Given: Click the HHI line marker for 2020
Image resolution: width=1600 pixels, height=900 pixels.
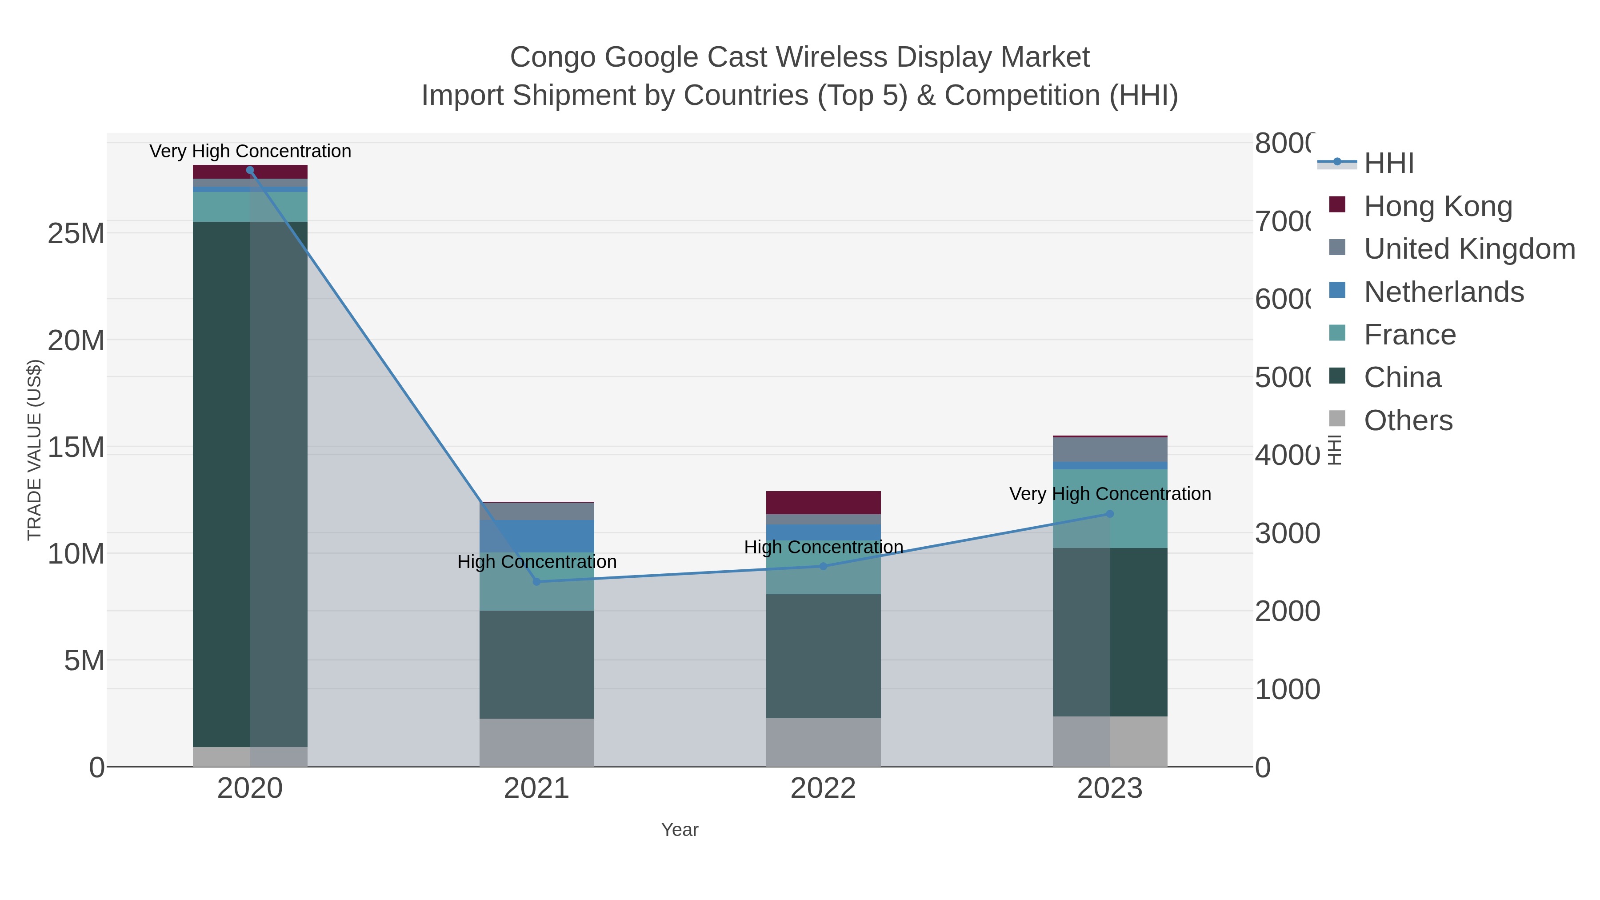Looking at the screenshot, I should click(x=250, y=170).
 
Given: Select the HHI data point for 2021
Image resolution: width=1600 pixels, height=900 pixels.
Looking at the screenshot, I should click(x=536, y=582).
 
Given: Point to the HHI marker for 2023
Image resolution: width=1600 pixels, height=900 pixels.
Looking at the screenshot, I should click(x=1110, y=514).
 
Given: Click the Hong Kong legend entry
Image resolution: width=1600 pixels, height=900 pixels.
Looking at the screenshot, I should click(x=1437, y=206).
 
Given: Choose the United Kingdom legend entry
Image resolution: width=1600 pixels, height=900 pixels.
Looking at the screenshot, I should click(x=1469, y=249).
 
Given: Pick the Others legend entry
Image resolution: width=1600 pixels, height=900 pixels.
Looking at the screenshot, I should click(x=1408, y=420).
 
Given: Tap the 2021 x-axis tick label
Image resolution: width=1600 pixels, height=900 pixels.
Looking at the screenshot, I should click(x=536, y=789).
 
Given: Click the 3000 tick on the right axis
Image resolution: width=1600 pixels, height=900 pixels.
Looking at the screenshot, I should click(x=1287, y=533).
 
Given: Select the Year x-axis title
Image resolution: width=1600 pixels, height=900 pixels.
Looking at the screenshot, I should click(x=680, y=830).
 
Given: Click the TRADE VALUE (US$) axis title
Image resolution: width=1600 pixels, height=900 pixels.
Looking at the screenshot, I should click(x=35, y=450).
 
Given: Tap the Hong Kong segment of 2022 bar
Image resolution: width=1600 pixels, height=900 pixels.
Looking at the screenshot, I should click(x=824, y=503).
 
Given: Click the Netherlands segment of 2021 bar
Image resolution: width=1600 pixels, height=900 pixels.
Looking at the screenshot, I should click(x=536, y=536).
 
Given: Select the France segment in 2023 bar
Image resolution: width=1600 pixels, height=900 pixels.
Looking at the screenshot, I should click(x=1110, y=508).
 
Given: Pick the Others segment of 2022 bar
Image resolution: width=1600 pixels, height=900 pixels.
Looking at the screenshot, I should click(x=824, y=742).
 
